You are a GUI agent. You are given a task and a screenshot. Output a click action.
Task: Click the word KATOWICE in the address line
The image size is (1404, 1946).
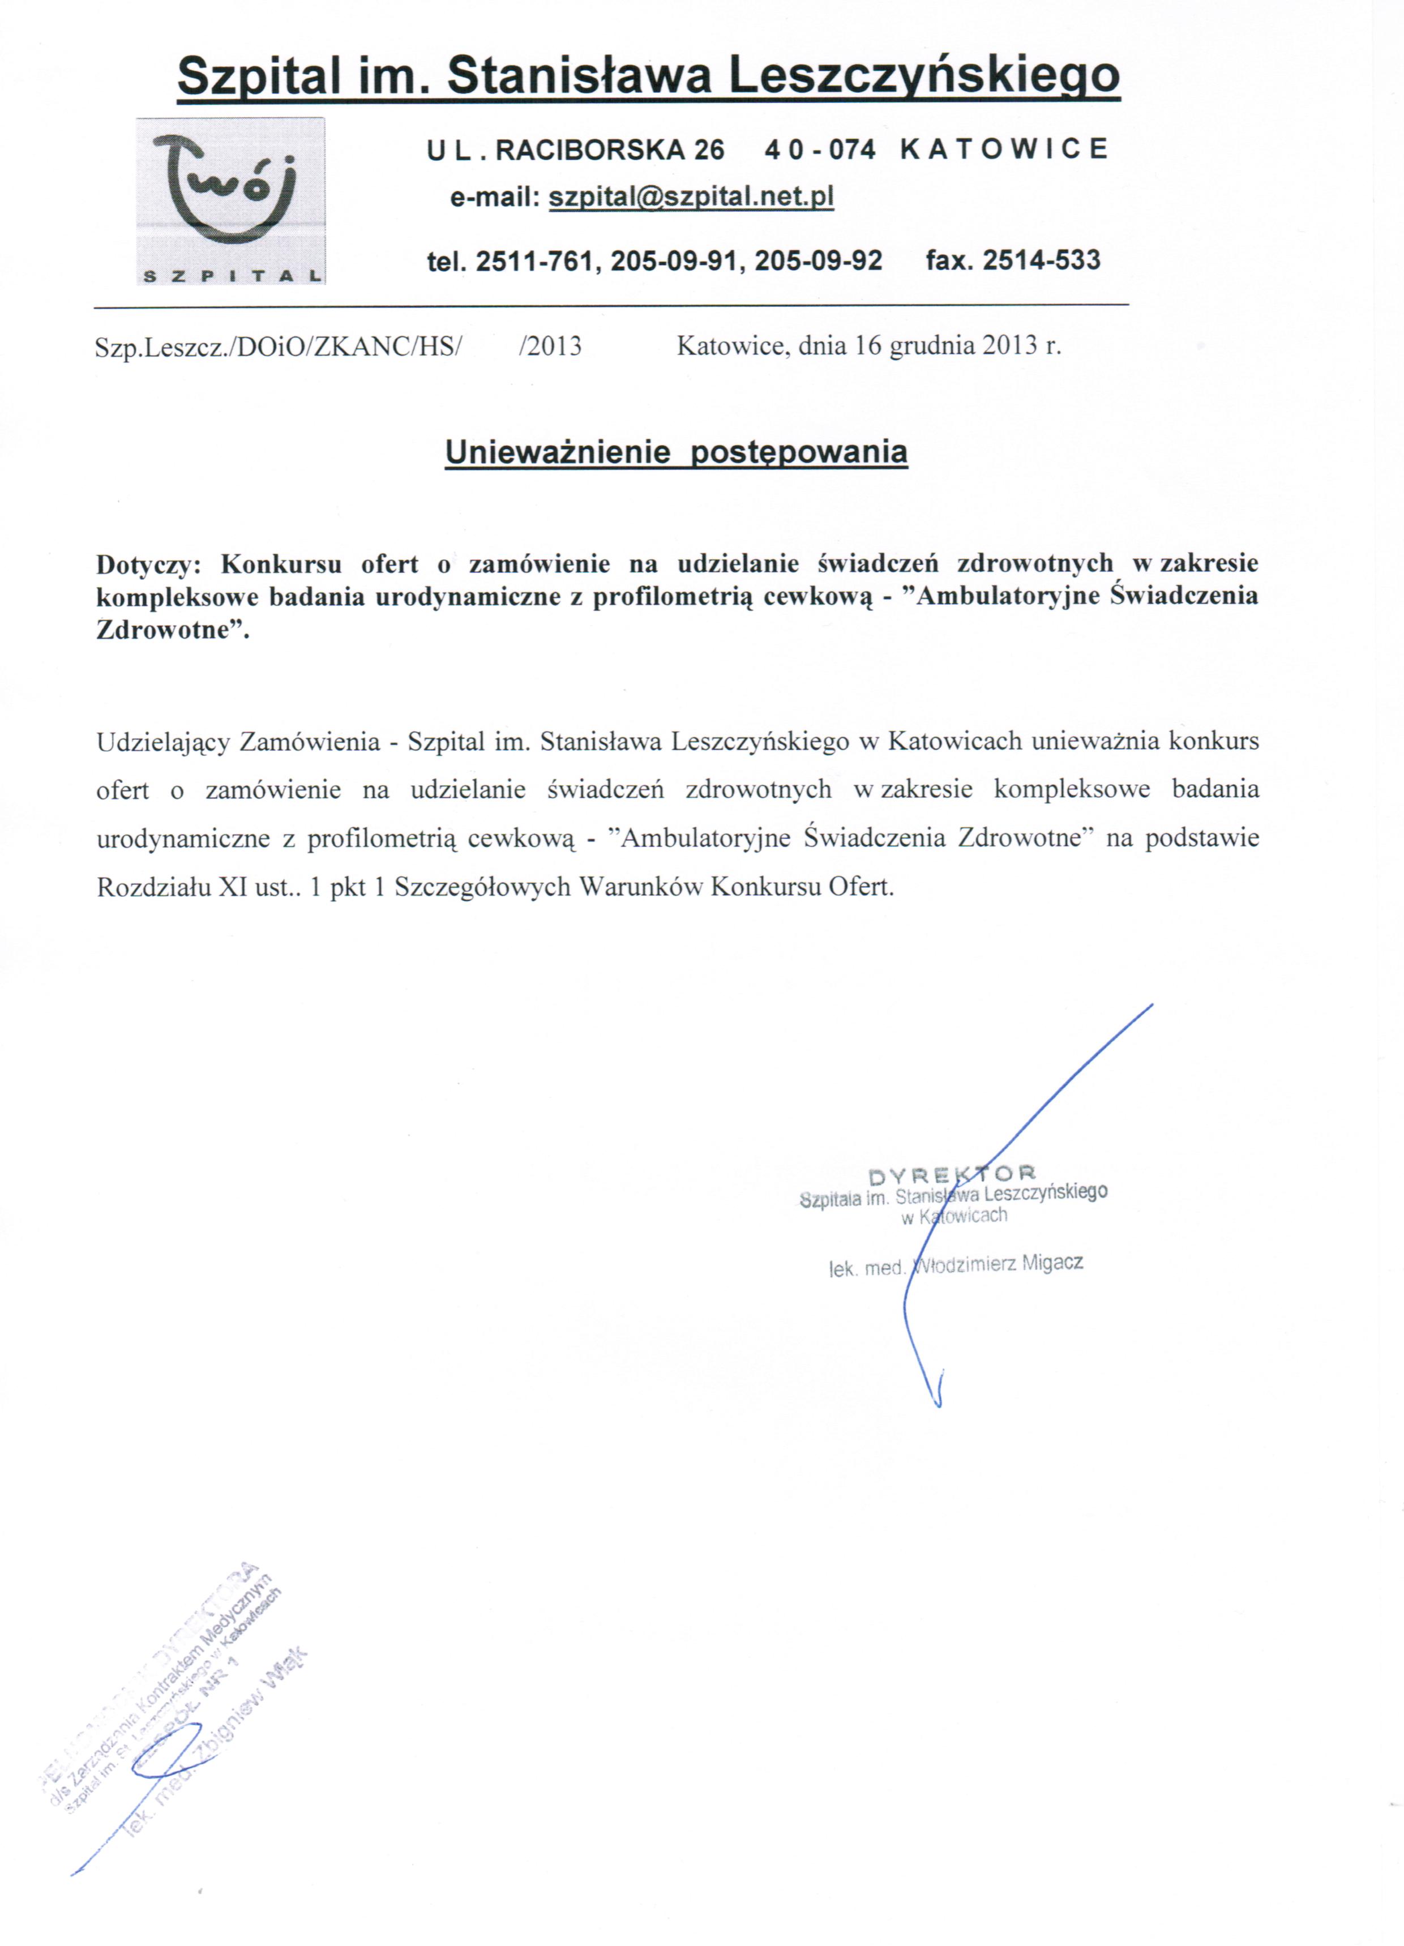1004,149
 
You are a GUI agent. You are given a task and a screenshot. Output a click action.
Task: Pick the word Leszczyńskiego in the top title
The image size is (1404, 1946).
923,75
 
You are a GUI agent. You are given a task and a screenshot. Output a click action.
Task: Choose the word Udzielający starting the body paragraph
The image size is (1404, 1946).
162,741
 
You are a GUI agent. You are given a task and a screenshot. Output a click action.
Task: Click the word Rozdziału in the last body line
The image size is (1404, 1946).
152,886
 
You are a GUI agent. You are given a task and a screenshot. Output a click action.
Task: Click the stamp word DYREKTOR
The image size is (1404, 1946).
953,1173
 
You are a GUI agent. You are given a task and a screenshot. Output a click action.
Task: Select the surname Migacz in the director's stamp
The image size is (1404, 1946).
1052,1263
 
